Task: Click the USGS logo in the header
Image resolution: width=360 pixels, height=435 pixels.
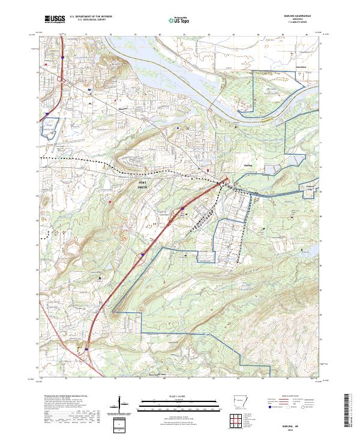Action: pyautogui.click(x=55, y=20)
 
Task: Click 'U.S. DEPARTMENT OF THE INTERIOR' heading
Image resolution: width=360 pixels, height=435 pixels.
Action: pyautogui.click(x=89, y=17)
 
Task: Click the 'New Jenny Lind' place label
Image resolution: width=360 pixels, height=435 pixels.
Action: pyautogui.click(x=139, y=375)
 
